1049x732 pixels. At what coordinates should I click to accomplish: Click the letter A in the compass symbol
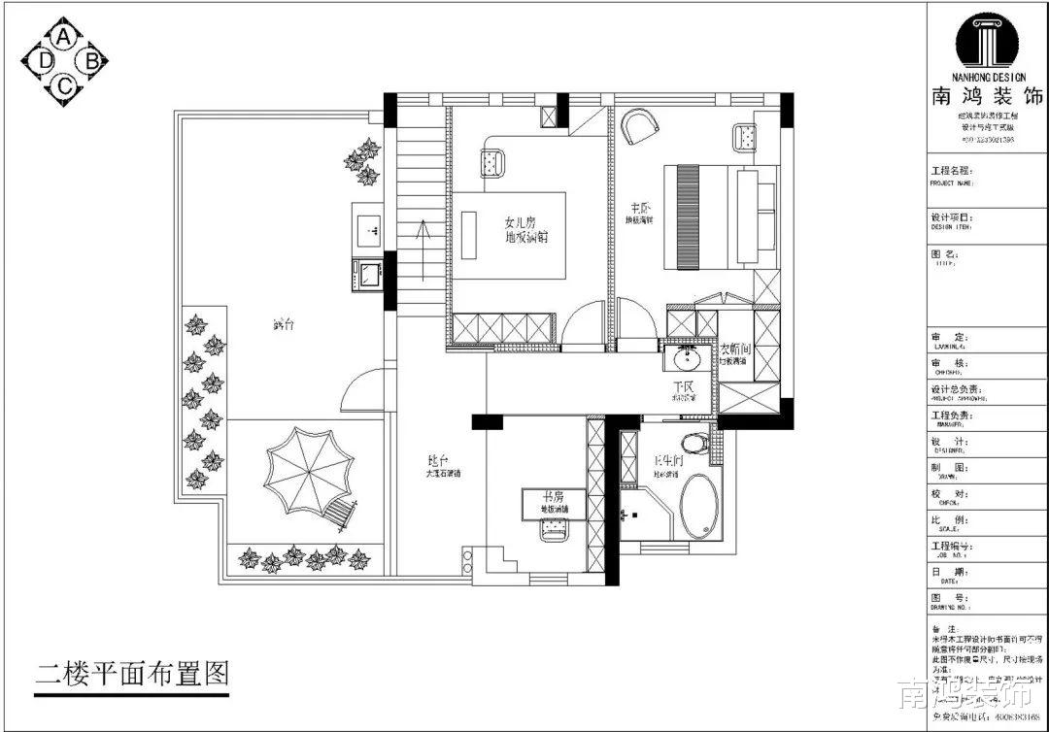[64, 37]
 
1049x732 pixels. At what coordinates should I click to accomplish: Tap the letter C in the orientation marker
[64, 86]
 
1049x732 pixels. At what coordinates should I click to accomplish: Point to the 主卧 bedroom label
[639, 207]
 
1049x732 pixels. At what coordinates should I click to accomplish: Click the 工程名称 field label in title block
[951, 170]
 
